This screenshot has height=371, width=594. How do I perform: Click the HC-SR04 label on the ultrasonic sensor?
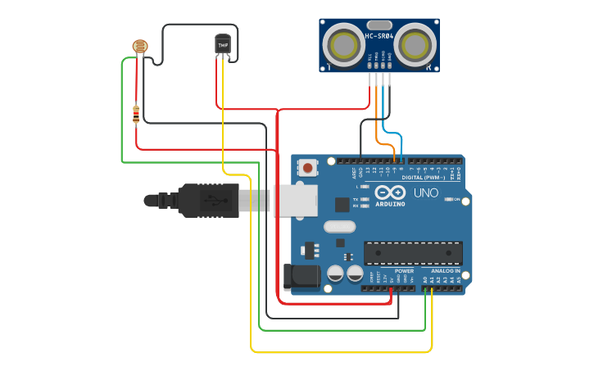379,36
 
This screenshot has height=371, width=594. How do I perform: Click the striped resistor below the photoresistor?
136,115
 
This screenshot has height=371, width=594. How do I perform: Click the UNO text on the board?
424,193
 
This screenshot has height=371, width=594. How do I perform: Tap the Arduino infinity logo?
390,192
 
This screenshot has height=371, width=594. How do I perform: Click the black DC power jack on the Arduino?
302,276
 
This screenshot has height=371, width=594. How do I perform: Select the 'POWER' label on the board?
405,270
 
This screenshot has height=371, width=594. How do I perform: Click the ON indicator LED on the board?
449,198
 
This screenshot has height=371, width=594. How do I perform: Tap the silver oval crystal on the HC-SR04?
379,25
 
